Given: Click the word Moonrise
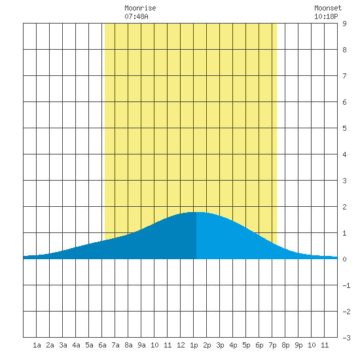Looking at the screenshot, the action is [140, 8].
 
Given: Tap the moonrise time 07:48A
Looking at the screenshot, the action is [136, 16].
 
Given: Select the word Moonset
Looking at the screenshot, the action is [328, 8].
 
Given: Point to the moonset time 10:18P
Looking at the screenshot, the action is [326, 16].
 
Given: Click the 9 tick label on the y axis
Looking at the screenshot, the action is [344, 24].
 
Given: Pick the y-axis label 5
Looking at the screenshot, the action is [344, 128].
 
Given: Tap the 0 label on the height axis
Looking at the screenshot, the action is [344, 259].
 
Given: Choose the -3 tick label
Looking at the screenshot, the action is [346, 338].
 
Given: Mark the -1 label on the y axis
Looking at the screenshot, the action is [346, 285].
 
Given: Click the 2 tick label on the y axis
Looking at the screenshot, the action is [344, 207].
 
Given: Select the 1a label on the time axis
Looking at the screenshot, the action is [37, 345].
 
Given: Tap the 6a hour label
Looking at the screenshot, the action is [102, 345].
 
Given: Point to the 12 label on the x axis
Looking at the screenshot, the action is [181, 345].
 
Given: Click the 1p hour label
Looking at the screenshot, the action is [194, 345].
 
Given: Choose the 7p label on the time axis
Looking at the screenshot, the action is [272, 345].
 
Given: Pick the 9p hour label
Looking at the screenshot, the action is [298, 345].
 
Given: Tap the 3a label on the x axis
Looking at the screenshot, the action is [63, 345].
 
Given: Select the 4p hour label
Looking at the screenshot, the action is [233, 345].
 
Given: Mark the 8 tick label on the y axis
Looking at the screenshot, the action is [344, 50].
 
